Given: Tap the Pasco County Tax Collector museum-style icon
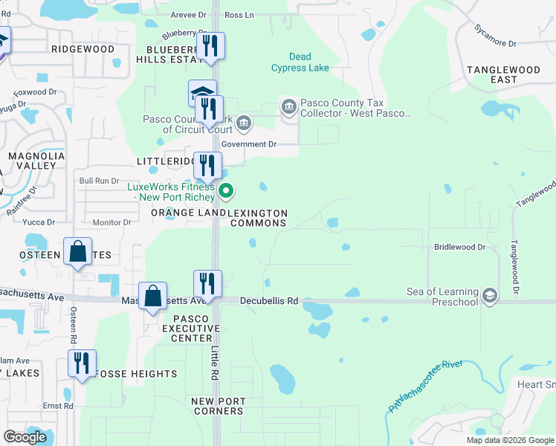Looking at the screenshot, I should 288,108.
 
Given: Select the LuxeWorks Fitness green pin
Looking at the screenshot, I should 227,193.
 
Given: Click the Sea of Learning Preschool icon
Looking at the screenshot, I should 489,296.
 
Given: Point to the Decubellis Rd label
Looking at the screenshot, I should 268,301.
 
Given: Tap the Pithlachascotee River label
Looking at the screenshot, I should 424,387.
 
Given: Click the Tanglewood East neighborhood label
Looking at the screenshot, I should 503,74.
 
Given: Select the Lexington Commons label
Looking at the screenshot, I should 258,218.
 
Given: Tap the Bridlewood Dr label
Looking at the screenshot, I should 459,246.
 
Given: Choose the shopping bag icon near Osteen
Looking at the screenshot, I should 78,253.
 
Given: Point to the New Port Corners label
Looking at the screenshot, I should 218,406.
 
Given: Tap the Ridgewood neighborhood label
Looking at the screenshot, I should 83,49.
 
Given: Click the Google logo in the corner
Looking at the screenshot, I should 25,437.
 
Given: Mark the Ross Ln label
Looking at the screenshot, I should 239,15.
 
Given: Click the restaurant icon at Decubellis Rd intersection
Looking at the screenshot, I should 207,284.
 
